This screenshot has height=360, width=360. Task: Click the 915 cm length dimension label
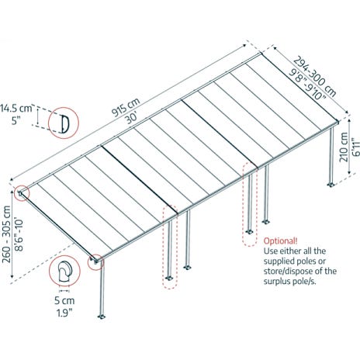(x=126, y=107)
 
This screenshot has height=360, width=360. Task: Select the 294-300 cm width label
(x=315, y=76)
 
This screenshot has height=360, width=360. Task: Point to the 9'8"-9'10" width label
(x=307, y=84)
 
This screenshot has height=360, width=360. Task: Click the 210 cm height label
(x=344, y=147)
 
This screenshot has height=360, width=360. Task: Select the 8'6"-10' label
(x=19, y=235)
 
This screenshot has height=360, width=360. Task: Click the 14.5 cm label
(x=16, y=109)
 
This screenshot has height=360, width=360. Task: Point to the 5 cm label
(x=64, y=300)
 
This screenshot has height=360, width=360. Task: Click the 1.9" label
(x=64, y=313)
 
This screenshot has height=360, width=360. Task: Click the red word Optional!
(x=281, y=241)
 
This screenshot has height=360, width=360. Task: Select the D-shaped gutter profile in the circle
(x=64, y=123)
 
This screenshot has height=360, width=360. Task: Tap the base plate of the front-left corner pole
(x=102, y=317)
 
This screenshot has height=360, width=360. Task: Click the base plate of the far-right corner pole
(x=331, y=185)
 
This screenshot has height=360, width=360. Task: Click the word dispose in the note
(x=305, y=272)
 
